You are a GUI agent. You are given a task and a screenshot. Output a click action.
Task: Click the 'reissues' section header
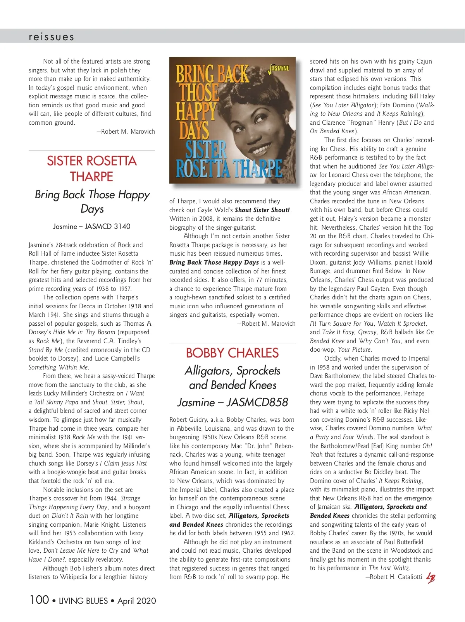click(51, 37)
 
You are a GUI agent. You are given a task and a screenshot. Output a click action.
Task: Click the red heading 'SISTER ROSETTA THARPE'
click(92, 168)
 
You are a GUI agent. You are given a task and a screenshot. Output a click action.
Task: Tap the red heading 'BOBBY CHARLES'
click(232, 353)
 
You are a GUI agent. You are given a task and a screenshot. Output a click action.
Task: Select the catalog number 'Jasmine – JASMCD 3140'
click(92, 226)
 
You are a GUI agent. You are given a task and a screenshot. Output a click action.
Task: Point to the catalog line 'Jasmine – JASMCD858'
click(232, 402)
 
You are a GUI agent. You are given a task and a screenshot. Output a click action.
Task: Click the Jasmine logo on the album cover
click(279, 69)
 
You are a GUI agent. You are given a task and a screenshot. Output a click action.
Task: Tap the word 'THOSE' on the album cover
click(199, 93)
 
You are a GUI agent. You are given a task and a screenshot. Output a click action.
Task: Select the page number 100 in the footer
click(39, 600)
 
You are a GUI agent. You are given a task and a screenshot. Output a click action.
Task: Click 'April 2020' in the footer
click(137, 601)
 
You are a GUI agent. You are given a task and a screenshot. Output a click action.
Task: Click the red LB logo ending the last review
click(431, 578)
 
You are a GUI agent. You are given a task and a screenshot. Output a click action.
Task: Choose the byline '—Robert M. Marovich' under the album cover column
click(266, 323)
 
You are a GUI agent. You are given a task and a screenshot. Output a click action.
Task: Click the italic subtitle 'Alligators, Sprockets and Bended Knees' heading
click(232, 378)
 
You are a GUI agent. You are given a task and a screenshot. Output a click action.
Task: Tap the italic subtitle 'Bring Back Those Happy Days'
click(92, 201)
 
